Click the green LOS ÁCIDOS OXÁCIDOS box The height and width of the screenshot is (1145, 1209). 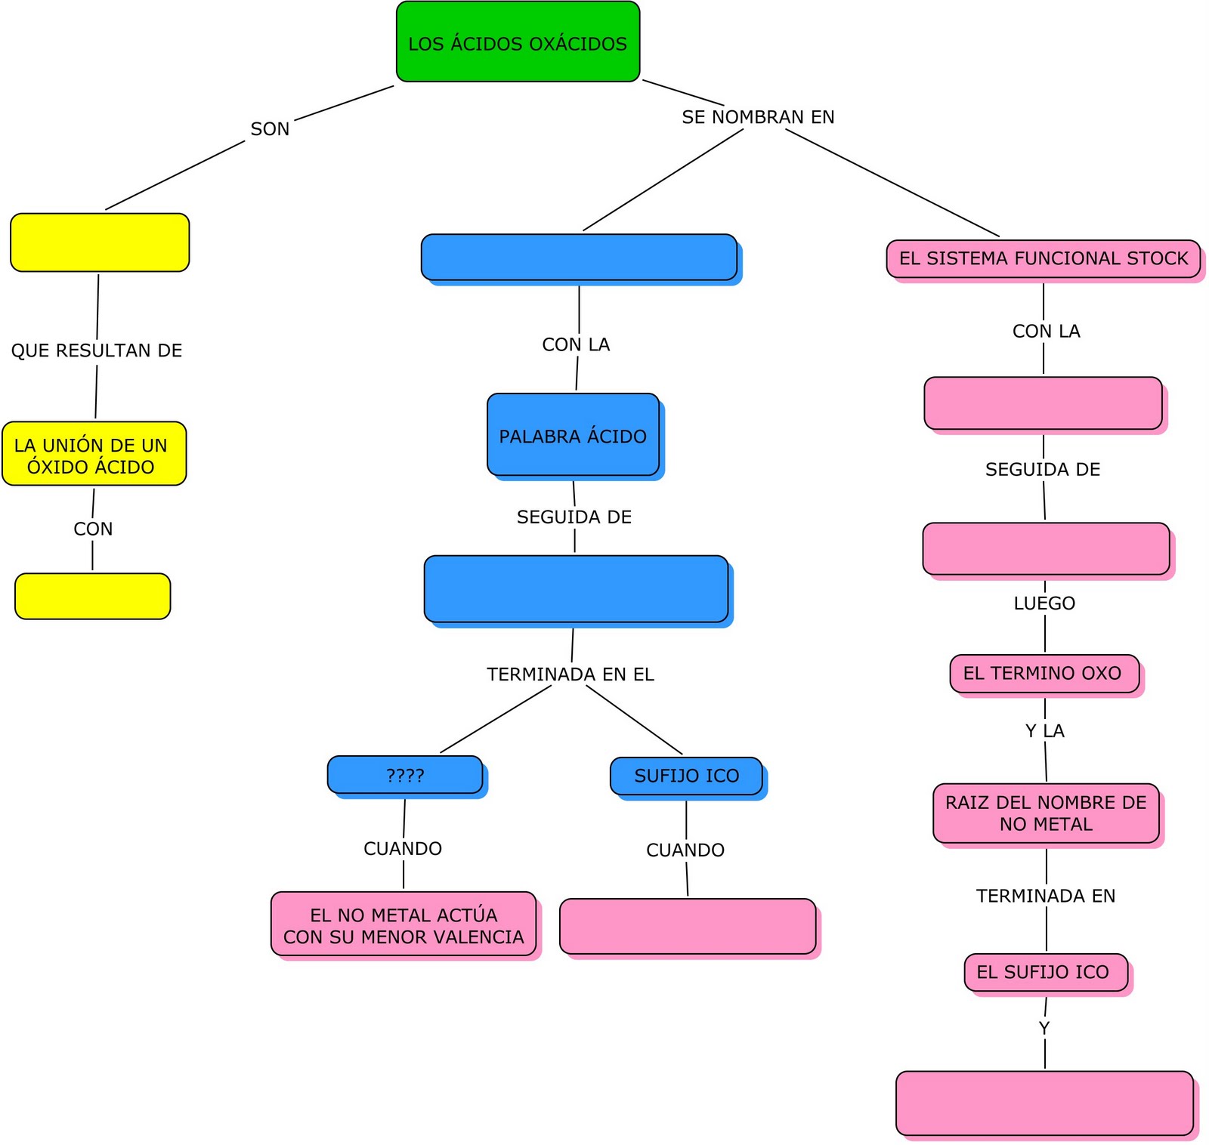pos(518,42)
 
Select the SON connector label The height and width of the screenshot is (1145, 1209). pos(270,129)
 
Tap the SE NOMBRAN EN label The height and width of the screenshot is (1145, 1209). pos(758,117)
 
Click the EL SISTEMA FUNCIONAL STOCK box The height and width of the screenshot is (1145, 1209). pos(1044,258)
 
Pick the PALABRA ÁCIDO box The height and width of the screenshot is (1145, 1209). pos(573,434)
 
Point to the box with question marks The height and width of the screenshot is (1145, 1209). pos(405,775)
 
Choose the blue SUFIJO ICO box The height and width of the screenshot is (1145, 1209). pos(686,776)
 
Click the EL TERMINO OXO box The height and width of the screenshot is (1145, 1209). pos(1044,673)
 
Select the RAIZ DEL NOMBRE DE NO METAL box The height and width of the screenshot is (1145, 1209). pos(1046,813)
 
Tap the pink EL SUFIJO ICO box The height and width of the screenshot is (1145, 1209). pos(1046,972)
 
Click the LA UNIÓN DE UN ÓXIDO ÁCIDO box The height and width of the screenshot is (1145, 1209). pos(94,453)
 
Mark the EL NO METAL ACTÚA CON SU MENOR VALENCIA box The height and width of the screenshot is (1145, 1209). pos(404,924)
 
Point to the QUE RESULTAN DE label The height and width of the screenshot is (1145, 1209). pos(97,350)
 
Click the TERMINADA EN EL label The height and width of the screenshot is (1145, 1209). pos(570,674)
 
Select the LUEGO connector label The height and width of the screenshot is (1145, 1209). pos(1044,603)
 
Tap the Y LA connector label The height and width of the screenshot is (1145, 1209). pos(1044,730)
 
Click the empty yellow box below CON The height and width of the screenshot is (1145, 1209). pos(93,596)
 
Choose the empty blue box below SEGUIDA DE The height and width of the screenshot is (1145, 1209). pos(576,588)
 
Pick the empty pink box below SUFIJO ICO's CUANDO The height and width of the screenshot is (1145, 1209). pos(688,926)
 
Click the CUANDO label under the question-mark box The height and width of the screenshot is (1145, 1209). pos(403,848)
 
